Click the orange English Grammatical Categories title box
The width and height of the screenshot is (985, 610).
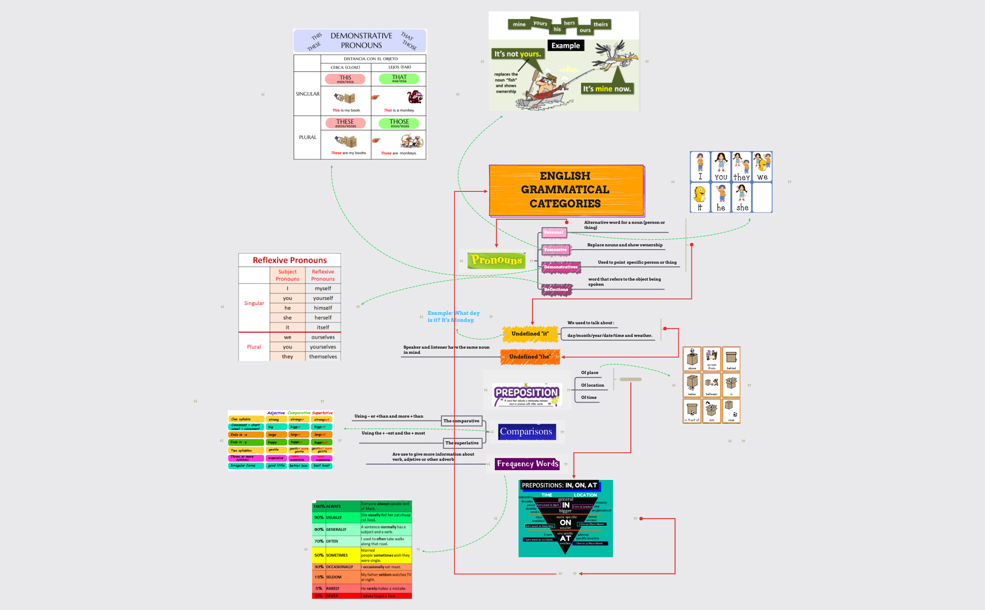[x=566, y=190]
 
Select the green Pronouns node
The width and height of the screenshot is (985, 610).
[x=496, y=260]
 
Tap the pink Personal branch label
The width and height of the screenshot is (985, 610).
[x=553, y=232]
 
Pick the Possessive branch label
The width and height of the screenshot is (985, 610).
[x=555, y=250]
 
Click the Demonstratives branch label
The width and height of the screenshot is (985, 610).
[x=561, y=267]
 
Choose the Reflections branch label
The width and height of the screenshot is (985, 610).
[x=556, y=290]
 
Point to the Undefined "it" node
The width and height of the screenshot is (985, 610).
[x=530, y=334]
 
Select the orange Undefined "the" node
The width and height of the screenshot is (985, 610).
[x=530, y=357]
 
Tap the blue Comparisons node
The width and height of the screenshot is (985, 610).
[x=526, y=431]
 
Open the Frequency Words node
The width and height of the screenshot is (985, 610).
[x=527, y=464]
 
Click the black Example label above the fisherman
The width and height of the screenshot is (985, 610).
[x=565, y=46]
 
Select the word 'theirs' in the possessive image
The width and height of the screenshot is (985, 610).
[x=600, y=24]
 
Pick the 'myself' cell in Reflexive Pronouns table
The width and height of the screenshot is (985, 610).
[x=323, y=289]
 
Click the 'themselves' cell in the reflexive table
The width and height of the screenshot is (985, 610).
[x=323, y=357]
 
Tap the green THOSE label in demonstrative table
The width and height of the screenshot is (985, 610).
[x=399, y=123]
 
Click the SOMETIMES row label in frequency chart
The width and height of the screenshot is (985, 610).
[x=337, y=555]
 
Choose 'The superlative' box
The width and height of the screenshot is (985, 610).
[x=462, y=443]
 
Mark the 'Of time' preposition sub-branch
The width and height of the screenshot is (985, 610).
[x=589, y=397]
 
